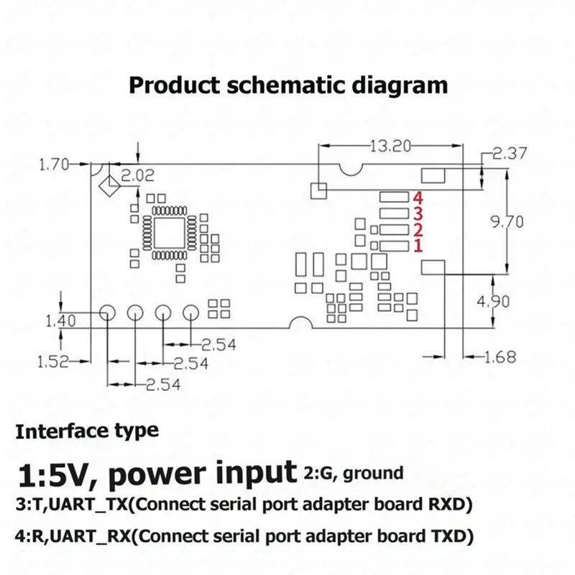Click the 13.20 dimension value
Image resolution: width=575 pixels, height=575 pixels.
pyautogui.click(x=390, y=146)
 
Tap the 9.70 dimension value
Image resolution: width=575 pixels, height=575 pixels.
pyautogui.click(x=507, y=222)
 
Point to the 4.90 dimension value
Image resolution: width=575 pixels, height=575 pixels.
pyautogui.click(x=493, y=301)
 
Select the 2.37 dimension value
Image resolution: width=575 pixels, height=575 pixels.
pyautogui.click(x=509, y=153)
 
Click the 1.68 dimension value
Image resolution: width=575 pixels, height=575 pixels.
pyautogui.click(x=500, y=356)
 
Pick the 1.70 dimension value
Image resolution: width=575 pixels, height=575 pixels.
pyautogui.click(x=54, y=165)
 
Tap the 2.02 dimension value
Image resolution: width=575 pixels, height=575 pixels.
pyautogui.click(x=138, y=175)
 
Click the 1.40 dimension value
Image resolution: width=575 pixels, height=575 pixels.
pyautogui.click(x=61, y=321)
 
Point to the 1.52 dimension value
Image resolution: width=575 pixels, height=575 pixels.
pyautogui.click(x=53, y=362)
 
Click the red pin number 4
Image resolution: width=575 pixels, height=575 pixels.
pyautogui.click(x=418, y=198)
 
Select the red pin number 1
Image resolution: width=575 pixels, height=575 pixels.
pyautogui.click(x=418, y=246)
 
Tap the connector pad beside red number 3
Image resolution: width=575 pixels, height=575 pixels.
pyautogui.click(x=394, y=213)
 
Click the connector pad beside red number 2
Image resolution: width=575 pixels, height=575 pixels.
pyautogui.click(x=394, y=229)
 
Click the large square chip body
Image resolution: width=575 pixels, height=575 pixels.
pyautogui.click(x=170, y=233)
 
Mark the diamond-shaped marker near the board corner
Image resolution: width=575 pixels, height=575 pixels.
pyautogui.click(x=109, y=186)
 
